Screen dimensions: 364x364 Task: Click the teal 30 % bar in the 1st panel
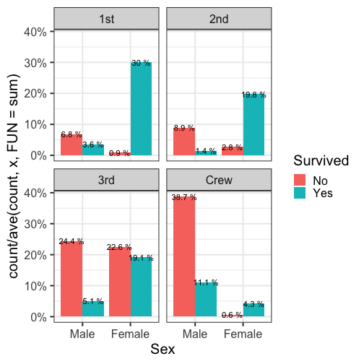point(141,108)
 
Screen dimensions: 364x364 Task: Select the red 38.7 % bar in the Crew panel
point(184,256)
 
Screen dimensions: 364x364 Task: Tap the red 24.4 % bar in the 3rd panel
point(71,279)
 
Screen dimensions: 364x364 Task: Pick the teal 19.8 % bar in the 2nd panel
point(253,124)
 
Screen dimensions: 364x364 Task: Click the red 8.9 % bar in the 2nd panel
point(184,142)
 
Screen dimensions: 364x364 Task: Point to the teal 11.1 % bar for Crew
point(206,299)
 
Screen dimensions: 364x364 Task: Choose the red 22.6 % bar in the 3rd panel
point(120,282)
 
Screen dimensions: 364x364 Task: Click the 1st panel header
point(106,19)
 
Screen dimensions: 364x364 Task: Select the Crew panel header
point(219,180)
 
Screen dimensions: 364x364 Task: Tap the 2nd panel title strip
point(219,19)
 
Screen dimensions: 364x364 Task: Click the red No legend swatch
point(300,180)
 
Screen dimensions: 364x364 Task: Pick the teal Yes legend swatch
point(300,193)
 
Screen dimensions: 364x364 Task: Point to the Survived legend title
point(321,160)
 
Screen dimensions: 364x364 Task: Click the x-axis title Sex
point(162,349)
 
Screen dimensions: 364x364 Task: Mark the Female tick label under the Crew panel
point(243,334)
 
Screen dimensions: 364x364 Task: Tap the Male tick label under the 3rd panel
point(82,334)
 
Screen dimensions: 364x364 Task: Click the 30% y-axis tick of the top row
point(35,63)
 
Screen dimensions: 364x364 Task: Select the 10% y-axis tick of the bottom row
point(35,286)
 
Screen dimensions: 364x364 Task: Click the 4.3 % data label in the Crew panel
point(253,304)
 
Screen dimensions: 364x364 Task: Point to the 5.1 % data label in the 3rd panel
point(93,301)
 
